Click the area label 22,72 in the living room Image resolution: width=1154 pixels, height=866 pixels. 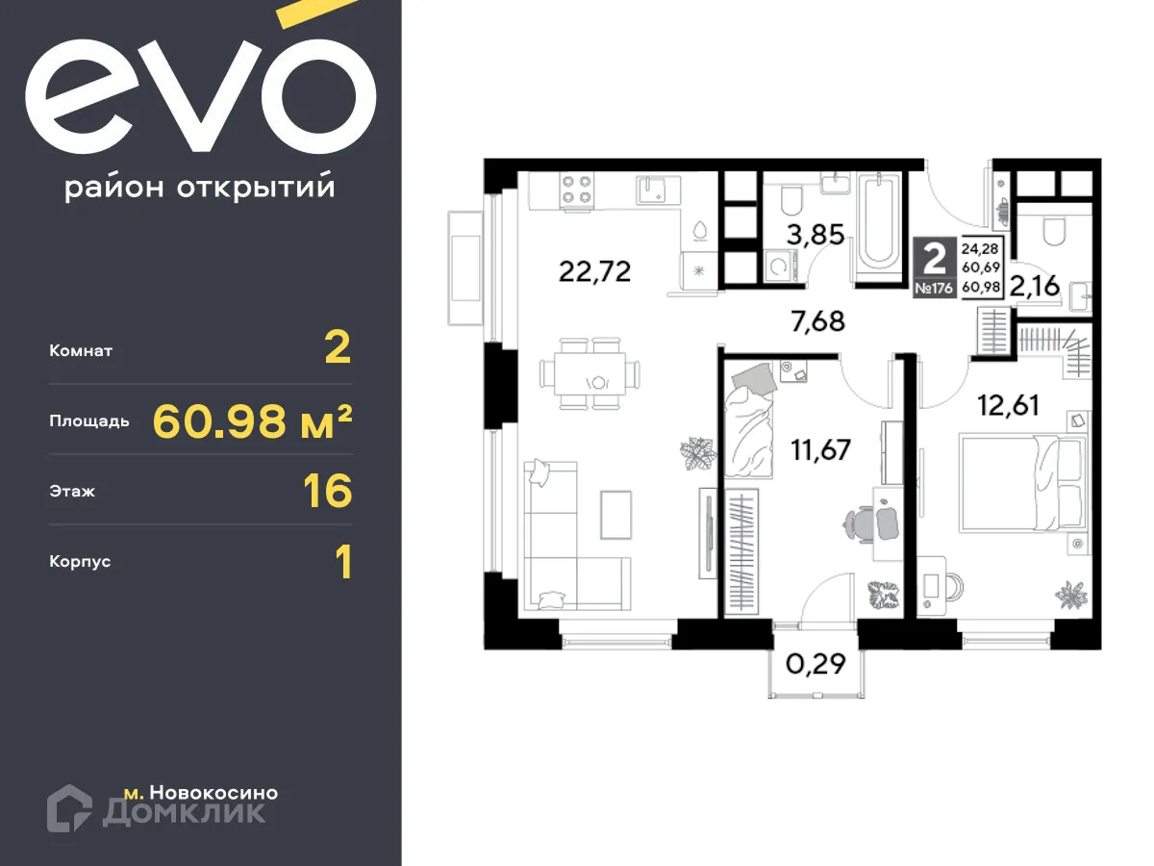click(x=594, y=272)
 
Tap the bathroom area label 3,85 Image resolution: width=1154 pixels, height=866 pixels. click(x=816, y=235)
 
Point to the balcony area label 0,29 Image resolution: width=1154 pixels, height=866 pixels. click(x=815, y=663)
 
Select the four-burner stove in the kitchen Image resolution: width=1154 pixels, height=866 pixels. click(x=575, y=189)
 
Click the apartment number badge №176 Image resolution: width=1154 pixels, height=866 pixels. click(x=933, y=287)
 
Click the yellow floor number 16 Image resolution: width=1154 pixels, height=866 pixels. click(x=327, y=491)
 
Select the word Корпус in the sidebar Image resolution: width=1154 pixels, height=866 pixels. click(x=80, y=561)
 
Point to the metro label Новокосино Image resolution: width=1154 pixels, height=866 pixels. click(x=213, y=793)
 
